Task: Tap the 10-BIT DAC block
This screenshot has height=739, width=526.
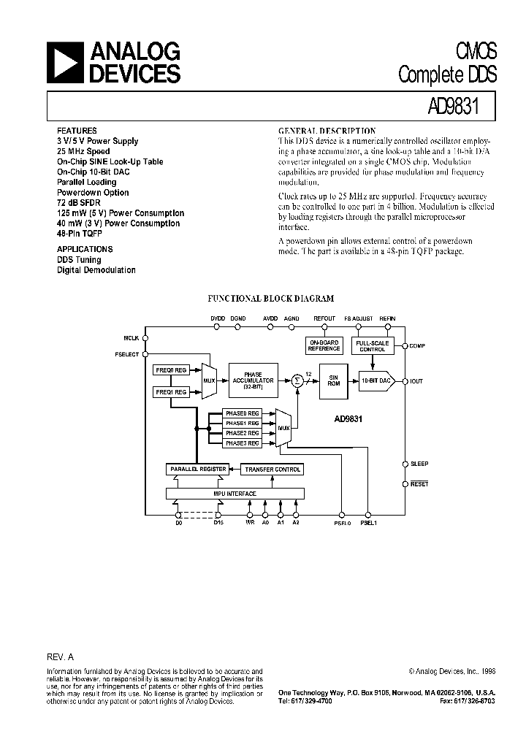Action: (x=376, y=381)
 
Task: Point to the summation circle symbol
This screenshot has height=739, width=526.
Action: (x=297, y=380)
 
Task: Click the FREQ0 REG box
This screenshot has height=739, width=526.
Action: (x=172, y=371)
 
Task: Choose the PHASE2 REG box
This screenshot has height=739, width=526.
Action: (x=243, y=433)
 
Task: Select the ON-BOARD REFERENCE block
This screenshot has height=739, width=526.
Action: (x=324, y=346)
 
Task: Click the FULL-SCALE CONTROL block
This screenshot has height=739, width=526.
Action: (x=373, y=346)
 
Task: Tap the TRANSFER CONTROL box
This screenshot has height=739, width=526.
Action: (x=272, y=470)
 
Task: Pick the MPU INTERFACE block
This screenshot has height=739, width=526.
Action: (x=235, y=494)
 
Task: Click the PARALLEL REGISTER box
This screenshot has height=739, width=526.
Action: (x=197, y=470)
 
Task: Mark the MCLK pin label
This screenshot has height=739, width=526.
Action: (x=131, y=338)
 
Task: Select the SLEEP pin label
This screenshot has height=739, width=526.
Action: (x=419, y=464)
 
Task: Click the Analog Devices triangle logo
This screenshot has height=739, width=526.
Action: (x=65, y=62)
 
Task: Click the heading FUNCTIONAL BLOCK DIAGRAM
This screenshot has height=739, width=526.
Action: (x=271, y=299)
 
